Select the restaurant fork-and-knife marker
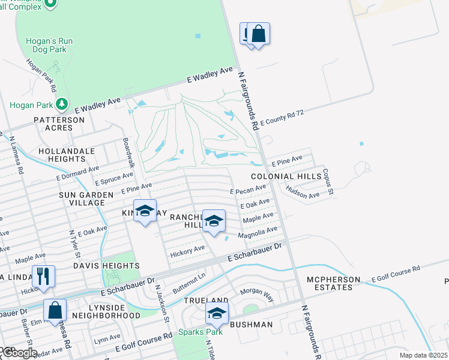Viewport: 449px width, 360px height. pos(43,277)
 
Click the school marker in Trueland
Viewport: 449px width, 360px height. pos(217,313)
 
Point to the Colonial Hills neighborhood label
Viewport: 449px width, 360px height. pos(282,176)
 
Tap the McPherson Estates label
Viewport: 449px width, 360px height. pos(337,283)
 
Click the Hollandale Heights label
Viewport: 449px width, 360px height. pos(62,155)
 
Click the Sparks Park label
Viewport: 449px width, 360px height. pos(196,332)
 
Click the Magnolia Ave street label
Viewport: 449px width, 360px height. pos(258,232)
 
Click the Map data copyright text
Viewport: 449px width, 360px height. pos(424,355)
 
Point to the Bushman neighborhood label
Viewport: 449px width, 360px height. pos(251,325)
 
